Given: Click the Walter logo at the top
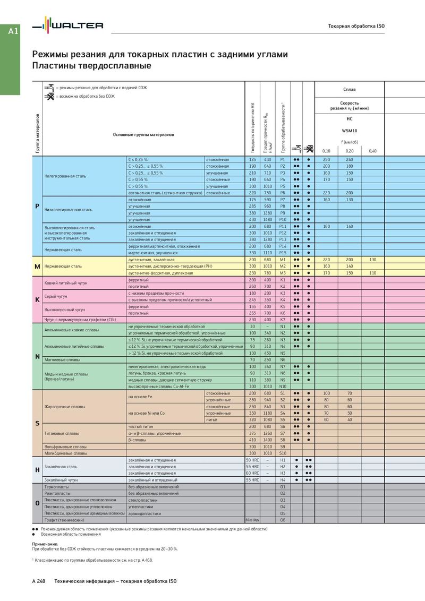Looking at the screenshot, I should [67, 25].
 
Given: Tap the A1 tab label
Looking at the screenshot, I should [13, 31].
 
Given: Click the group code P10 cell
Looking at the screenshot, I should [283, 219].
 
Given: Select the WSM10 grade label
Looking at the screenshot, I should [349, 130].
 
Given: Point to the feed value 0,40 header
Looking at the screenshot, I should [372, 151].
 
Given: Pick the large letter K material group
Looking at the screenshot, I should [37, 299].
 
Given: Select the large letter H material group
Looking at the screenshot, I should [37, 470].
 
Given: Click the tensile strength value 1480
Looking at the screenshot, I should [268, 219].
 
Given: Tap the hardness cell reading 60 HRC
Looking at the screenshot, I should [252, 473].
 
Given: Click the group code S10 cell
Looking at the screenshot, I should [283, 453].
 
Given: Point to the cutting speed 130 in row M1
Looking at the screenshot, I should [372, 260].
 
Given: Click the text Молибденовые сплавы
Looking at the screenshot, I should [65, 453].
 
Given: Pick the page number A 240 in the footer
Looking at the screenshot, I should [39, 581].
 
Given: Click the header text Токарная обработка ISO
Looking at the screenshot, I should [356, 26].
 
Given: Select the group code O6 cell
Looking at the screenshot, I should [283, 520].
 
